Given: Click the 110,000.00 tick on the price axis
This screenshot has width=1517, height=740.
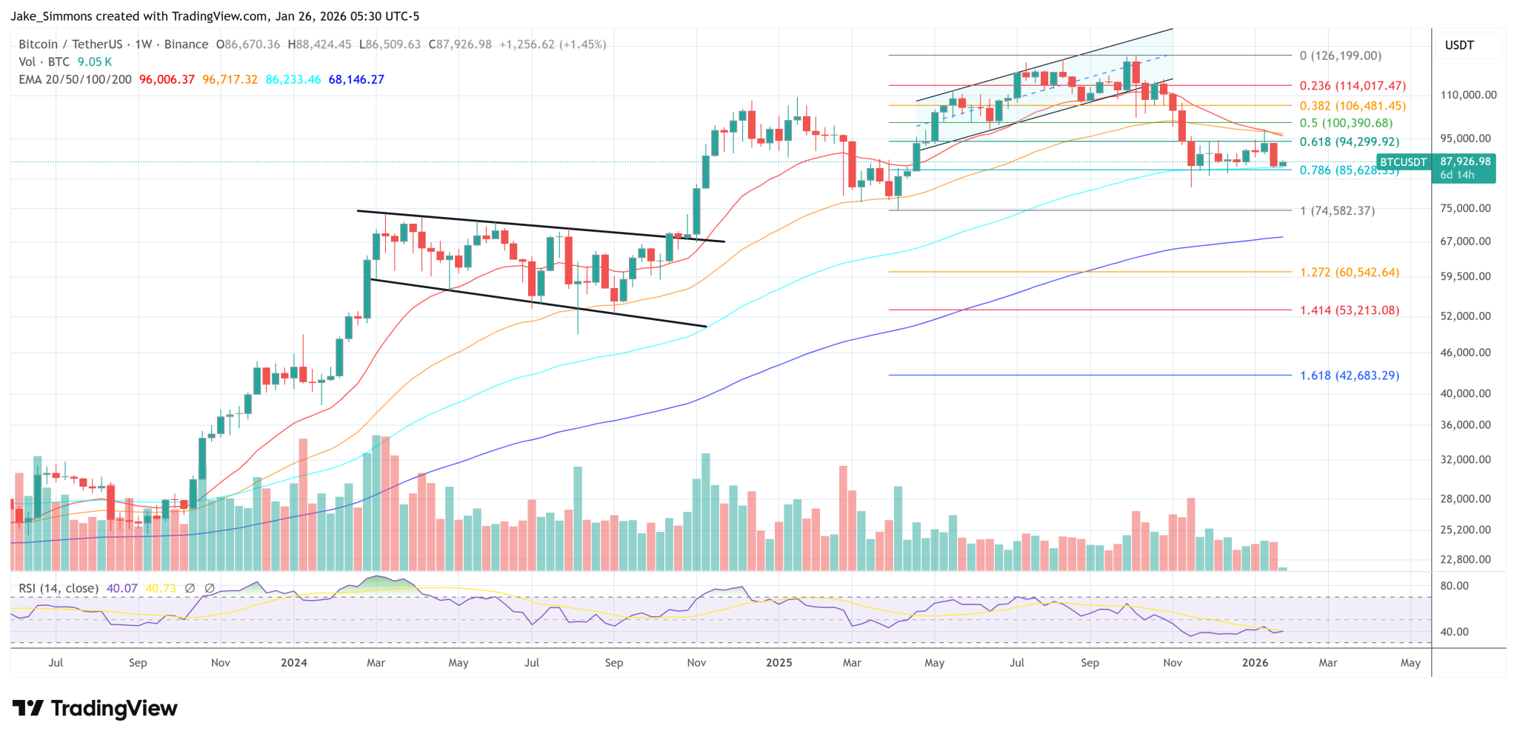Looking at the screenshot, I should coord(1468,95).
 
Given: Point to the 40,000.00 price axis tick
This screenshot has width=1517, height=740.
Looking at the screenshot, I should coord(1465,393).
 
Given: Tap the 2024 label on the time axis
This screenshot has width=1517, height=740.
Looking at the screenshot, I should coord(294,662).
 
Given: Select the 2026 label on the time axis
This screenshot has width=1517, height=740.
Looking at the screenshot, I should coord(1255,662).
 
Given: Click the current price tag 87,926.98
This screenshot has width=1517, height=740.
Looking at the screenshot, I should coord(1465,161).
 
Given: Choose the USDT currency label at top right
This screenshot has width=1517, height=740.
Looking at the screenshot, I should coord(1459,45).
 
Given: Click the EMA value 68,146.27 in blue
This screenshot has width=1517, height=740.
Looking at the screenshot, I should coord(356,79).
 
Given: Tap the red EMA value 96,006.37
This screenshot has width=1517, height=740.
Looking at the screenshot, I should coord(167,79).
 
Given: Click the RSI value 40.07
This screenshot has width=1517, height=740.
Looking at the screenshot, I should coord(122,588).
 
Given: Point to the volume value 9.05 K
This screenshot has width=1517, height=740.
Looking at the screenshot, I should coord(95,62).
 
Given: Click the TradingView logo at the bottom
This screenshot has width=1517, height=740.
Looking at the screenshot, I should coord(95,708).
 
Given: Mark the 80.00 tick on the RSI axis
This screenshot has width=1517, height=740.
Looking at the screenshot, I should coord(1454,586).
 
